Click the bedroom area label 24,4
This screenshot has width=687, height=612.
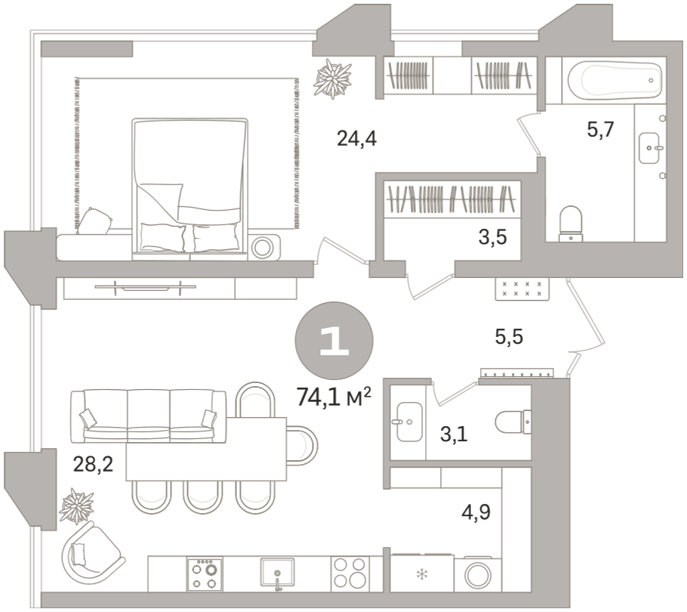tap(356, 139)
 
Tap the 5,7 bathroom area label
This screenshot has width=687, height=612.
tap(601, 130)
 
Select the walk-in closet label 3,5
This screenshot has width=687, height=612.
tap(492, 237)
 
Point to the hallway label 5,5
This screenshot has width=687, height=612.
tap(509, 337)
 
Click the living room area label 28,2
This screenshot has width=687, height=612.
tap(93, 464)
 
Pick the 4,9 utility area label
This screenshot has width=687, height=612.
tap(476, 512)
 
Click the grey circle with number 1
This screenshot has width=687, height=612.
tap(334, 341)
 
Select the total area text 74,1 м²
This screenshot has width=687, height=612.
tap(334, 397)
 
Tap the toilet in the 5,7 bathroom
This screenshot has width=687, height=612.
tap(571, 224)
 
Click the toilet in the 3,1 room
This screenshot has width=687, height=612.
tap(513, 422)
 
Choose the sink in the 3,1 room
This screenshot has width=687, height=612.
tap(409, 422)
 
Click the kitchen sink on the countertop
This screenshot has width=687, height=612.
tap(277, 573)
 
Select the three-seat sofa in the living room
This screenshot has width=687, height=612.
tap(149, 416)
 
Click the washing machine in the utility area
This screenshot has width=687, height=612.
tap(478, 575)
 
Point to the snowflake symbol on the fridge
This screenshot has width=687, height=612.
tap(422, 574)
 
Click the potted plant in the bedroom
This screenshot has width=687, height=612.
tap(332, 79)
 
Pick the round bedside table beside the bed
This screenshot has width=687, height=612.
tap(263, 248)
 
